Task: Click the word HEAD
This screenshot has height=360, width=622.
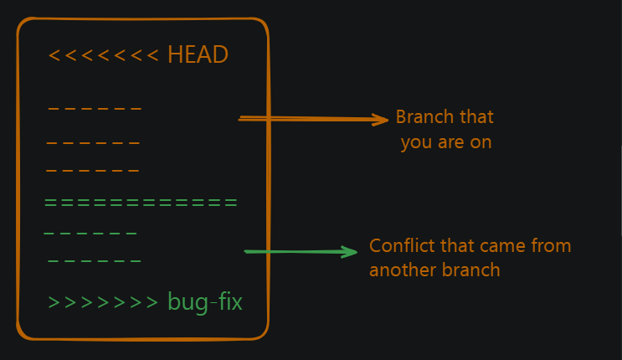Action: [x=198, y=55]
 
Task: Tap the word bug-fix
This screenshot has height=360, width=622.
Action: [x=205, y=301]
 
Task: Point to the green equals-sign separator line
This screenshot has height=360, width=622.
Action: [x=141, y=203]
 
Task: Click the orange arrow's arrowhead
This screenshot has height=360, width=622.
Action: [x=381, y=120]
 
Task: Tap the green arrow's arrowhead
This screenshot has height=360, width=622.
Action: [x=350, y=251]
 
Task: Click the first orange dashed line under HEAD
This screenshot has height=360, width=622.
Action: [x=95, y=109]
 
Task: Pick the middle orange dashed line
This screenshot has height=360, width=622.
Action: [x=93, y=143]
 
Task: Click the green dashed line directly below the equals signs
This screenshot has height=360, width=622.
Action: [x=90, y=234]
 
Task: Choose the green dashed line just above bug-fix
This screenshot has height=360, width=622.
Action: [x=95, y=262]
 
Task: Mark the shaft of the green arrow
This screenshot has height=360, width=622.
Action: [x=293, y=251]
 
